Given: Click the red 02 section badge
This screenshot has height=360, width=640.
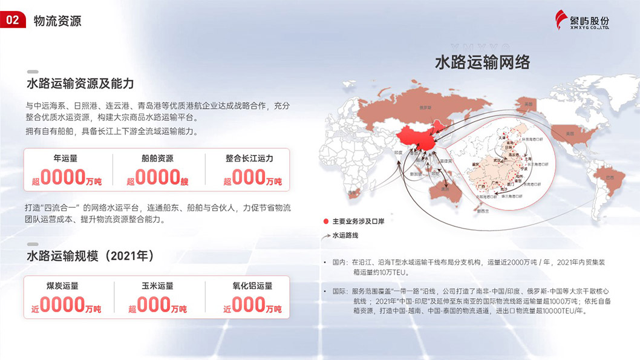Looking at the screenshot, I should coord(13,20).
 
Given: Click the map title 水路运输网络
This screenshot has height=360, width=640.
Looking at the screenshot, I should coord(482,62).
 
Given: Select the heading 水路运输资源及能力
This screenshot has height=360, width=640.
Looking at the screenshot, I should coord(80,83).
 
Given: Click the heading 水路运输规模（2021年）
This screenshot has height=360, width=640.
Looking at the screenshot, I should coord(90,256).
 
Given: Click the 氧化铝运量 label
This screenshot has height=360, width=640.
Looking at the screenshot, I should coord(252,286).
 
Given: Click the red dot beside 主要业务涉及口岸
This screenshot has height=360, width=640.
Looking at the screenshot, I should coord(325,221).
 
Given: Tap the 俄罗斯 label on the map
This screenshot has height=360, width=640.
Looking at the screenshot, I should coord(408,108).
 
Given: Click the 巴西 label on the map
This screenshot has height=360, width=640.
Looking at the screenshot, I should coord(601,177).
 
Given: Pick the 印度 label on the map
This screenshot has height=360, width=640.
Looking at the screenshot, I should coord(398,154).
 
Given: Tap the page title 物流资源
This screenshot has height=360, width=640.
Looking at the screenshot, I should coord(58,21).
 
